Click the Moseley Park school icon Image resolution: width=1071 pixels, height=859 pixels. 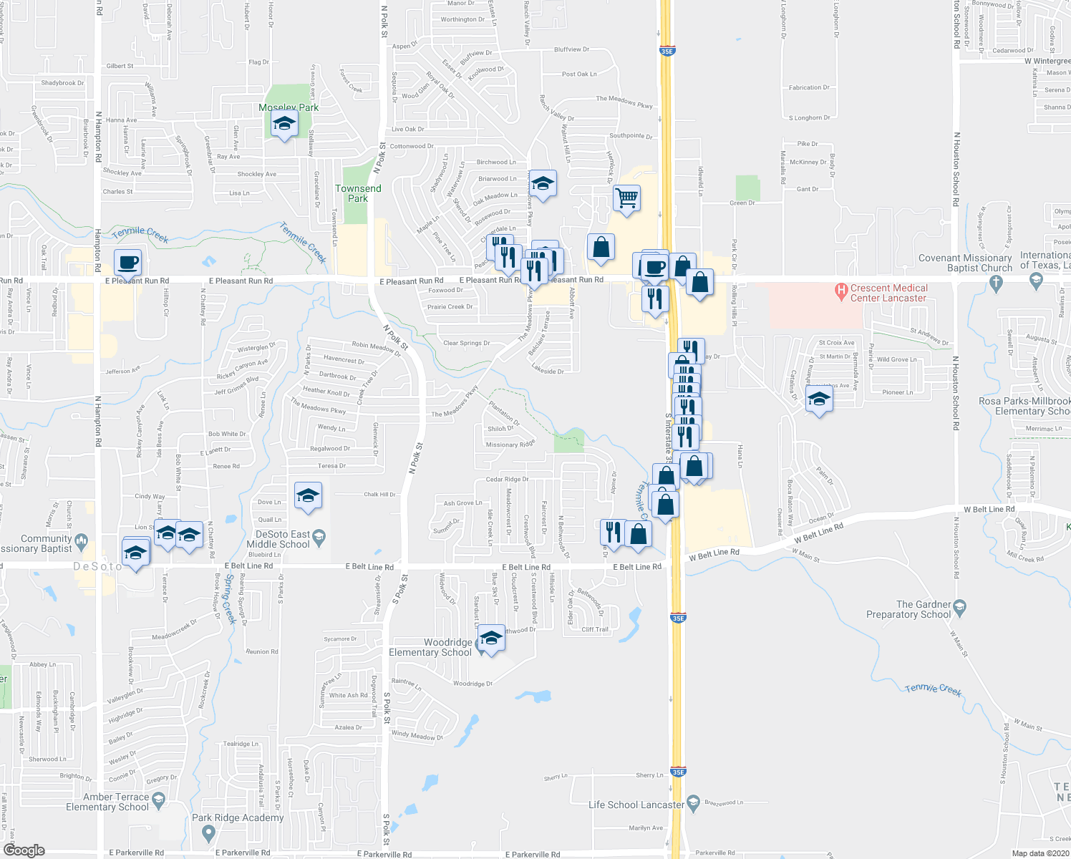click(284, 125)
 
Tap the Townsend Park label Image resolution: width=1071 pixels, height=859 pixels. click(358, 193)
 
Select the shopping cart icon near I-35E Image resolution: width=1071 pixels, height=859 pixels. click(626, 198)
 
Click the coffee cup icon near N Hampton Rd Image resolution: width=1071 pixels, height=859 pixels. click(127, 263)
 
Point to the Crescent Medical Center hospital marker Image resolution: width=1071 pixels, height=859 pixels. click(842, 291)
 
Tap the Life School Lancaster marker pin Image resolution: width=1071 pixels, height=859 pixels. click(692, 803)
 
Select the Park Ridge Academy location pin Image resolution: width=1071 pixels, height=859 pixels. click(208, 833)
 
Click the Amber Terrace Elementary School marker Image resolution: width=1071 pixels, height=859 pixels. click(158, 799)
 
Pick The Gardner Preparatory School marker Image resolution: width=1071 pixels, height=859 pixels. click(960, 608)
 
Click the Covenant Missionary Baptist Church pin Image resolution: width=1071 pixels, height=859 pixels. click(996, 282)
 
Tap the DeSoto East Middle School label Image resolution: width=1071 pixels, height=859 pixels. click(278, 539)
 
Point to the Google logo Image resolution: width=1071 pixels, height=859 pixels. click(24, 850)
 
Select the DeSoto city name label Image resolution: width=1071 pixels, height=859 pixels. click(99, 566)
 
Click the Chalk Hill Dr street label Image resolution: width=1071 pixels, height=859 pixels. click(379, 495)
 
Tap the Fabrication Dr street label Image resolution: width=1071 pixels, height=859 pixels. click(809, 87)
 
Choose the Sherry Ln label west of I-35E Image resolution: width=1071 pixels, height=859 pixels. click(556, 777)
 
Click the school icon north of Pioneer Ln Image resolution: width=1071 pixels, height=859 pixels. click(819, 399)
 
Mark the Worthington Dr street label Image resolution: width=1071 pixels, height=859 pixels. click(462, 20)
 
